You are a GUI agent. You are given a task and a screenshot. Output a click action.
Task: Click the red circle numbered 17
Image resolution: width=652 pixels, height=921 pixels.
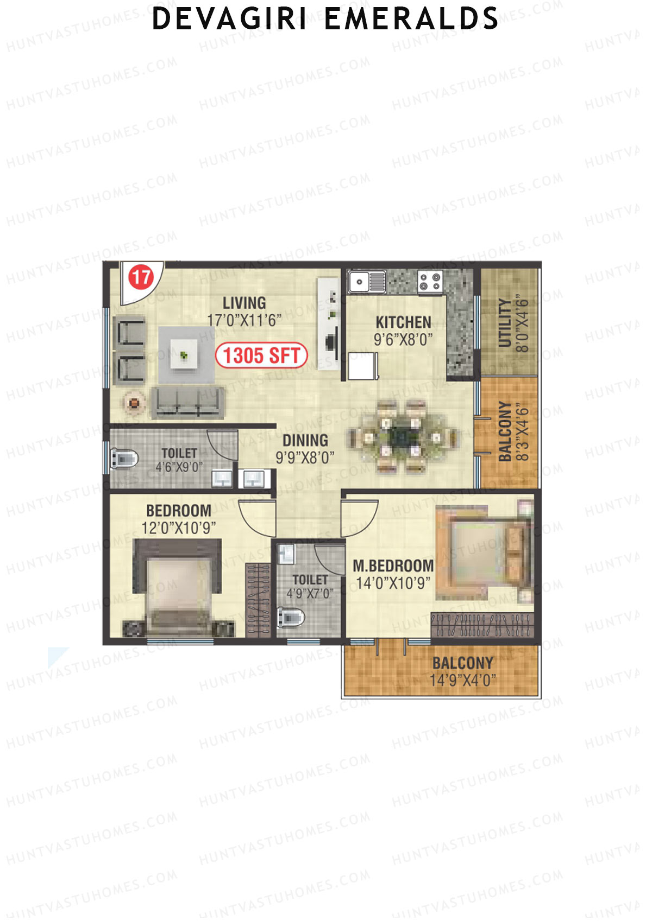141,277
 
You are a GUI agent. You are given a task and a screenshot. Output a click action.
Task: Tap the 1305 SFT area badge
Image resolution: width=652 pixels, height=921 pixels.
261,356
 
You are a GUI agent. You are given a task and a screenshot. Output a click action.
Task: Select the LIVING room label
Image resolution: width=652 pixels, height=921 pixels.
244,303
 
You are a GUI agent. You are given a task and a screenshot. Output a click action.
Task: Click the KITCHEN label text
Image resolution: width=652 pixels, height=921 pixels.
403,322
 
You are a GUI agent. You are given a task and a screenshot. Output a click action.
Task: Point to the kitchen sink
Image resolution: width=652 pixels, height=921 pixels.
366,282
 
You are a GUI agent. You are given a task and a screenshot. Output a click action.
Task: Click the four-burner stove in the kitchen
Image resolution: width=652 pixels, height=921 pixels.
430,282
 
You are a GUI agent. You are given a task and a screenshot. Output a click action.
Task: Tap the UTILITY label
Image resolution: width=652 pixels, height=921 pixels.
505,323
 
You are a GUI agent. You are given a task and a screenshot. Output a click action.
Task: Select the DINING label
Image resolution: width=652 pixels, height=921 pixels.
305,440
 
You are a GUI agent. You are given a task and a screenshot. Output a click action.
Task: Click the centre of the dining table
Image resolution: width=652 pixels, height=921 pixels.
402,436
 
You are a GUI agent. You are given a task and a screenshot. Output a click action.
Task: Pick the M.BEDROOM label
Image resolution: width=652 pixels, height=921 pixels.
393,566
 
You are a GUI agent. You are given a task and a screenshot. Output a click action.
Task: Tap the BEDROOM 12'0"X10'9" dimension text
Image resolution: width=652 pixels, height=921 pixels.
178,528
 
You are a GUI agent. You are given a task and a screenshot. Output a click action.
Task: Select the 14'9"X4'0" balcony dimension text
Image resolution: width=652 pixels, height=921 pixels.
462,680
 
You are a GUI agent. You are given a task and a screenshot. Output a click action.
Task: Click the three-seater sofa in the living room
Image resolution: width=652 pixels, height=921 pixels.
187,402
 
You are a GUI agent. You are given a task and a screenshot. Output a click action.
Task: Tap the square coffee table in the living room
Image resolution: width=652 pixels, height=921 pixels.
184,355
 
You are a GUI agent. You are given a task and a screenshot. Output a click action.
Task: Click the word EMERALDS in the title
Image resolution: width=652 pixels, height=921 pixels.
411,19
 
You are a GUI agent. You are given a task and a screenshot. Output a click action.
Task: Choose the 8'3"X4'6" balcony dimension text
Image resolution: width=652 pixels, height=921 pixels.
522,432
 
